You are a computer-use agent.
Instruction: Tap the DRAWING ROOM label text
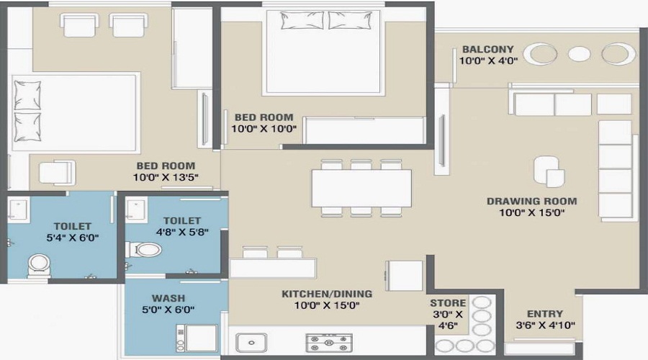(x=531, y=201)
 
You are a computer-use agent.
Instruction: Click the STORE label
(x=448, y=303)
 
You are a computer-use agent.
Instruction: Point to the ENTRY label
(x=545, y=314)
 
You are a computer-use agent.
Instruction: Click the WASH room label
(x=167, y=297)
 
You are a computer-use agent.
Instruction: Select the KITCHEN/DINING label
(x=327, y=293)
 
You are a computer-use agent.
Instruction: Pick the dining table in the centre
(x=361, y=187)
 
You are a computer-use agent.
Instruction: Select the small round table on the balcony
(x=579, y=53)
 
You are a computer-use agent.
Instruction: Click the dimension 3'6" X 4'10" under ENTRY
(x=545, y=326)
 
